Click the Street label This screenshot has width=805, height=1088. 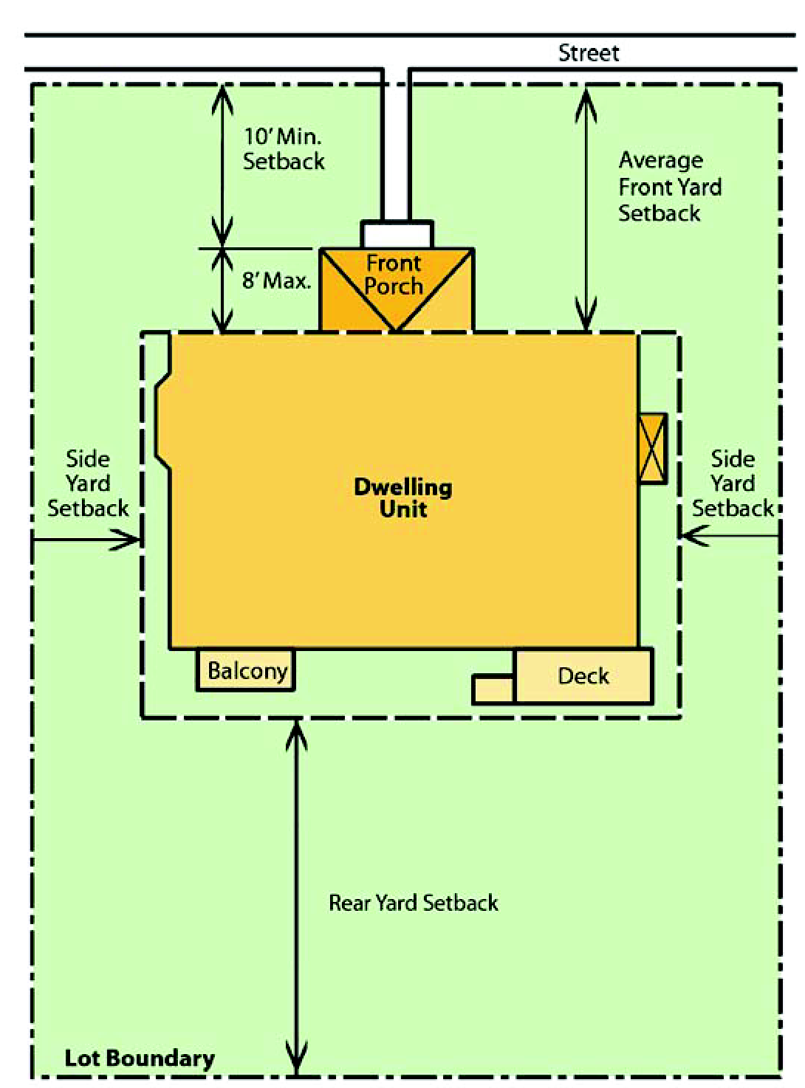point(588,52)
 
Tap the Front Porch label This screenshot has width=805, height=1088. point(394,275)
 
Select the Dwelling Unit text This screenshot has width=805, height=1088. point(403,498)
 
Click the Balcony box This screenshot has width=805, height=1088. point(245,670)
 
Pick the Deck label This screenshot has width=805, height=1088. point(583,676)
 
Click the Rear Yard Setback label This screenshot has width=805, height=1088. point(414,903)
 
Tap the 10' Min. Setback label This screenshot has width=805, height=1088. point(284,148)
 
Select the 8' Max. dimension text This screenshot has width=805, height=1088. point(276,280)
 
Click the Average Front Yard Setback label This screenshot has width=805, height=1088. point(670,187)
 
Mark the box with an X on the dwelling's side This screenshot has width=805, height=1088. point(652,449)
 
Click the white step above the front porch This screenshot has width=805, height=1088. point(397,235)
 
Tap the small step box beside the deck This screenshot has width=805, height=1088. point(493,690)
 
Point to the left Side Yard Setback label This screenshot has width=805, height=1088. point(88,483)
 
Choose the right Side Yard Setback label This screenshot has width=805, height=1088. point(733,483)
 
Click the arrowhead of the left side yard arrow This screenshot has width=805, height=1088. point(140,540)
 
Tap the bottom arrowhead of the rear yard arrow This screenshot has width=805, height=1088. point(296,1075)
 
